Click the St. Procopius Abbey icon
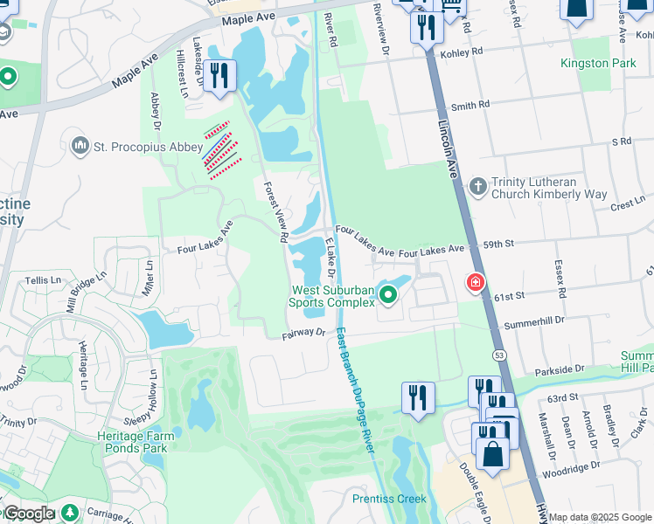pos(80,144)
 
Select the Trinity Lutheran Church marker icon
pos(477,186)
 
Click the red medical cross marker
pos(475,283)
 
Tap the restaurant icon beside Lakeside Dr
pos(218,75)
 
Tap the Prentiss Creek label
pos(388,499)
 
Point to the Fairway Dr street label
pos(303,334)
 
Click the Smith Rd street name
pos(470,106)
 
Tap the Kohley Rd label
pos(464,52)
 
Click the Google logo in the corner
pos(29,514)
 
